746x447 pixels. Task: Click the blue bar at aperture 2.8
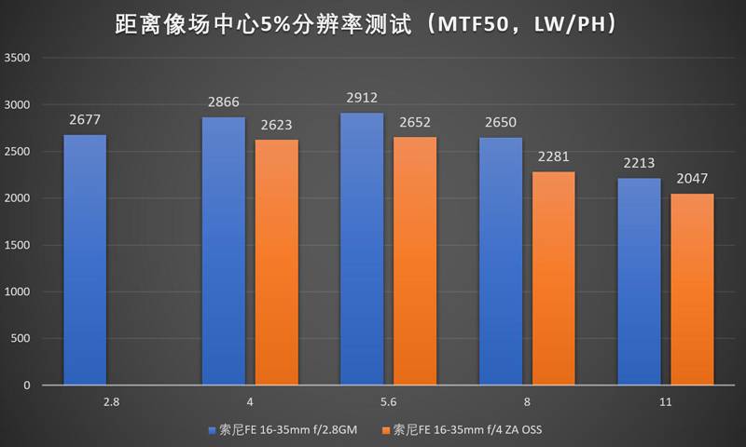[85, 260]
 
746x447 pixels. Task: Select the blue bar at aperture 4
[224, 251]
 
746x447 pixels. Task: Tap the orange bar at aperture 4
[277, 262]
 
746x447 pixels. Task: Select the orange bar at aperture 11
[692, 289]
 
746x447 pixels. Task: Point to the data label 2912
[362, 96]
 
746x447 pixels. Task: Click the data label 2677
[85, 118]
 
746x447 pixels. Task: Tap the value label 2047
[692, 177]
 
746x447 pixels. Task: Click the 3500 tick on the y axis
[19, 58]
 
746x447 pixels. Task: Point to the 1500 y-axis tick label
[19, 245]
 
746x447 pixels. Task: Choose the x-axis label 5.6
[388, 403]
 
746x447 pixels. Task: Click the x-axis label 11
[665, 403]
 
